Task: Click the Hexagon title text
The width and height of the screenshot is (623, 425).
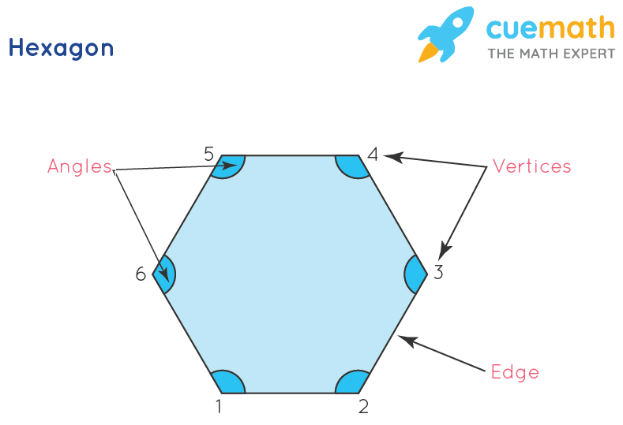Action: tap(61, 48)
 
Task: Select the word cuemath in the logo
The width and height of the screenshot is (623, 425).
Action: tap(550, 29)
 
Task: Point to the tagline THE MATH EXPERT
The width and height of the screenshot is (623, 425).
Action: tap(550, 54)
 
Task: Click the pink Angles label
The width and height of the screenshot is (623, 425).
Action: tap(79, 166)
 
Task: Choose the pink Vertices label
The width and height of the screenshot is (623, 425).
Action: tap(531, 166)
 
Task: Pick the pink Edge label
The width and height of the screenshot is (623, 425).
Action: tap(515, 371)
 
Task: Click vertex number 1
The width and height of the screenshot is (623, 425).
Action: tap(219, 406)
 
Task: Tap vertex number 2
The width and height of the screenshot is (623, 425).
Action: tap(363, 406)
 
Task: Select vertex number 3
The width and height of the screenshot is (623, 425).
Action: tap(439, 274)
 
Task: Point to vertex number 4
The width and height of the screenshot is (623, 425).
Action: tap(373, 154)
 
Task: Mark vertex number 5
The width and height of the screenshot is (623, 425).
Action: tap(208, 154)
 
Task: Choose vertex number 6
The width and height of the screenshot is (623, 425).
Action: tap(141, 274)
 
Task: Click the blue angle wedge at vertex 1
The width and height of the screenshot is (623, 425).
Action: tap(229, 382)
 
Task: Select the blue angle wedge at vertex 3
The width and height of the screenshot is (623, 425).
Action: tap(415, 274)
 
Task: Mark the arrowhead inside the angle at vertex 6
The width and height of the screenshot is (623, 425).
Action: tap(166, 276)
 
